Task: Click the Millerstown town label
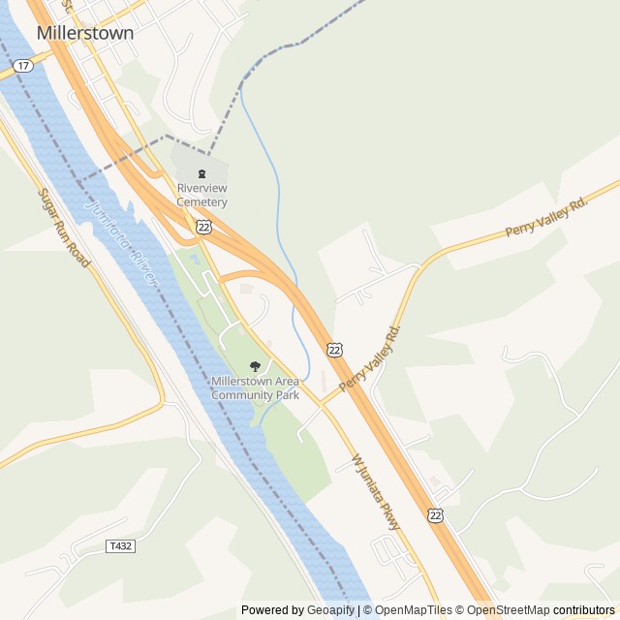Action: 85,32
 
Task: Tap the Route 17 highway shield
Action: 23,65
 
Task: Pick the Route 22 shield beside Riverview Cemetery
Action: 203,226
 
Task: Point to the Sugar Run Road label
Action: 64,228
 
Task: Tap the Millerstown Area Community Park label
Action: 255,387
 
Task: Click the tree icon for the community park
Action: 255,366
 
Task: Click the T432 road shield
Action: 120,546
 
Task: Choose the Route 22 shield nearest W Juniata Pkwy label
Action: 436,515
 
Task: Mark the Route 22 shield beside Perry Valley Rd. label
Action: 334,349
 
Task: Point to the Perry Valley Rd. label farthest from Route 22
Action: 546,218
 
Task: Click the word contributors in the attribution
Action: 584,610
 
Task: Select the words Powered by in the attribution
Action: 270,610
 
